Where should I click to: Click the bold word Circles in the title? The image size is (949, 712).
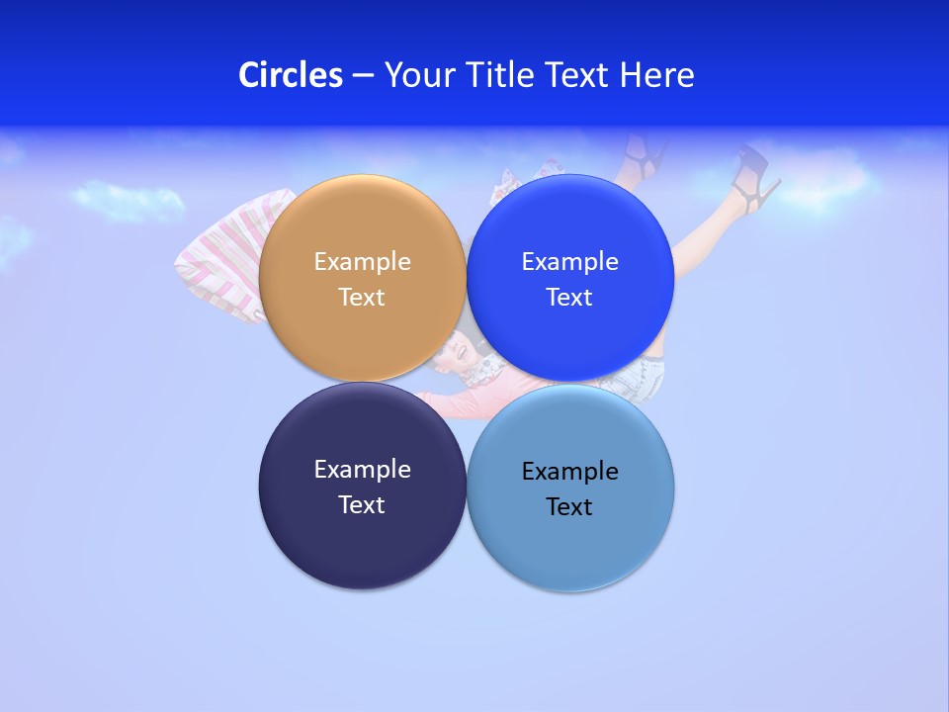pyautogui.click(x=290, y=75)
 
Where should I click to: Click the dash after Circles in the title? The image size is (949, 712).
pyautogui.click(x=363, y=76)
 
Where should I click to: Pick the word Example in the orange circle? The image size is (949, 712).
pyautogui.click(x=362, y=262)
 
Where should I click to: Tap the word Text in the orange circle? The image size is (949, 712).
pyautogui.click(x=362, y=298)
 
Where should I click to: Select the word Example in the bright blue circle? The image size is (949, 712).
pyautogui.click(x=569, y=262)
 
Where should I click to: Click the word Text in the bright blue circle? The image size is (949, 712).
pyautogui.click(x=569, y=298)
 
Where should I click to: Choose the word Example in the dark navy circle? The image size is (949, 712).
pyautogui.click(x=362, y=470)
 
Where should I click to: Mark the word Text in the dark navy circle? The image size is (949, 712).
pyautogui.click(x=362, y=505)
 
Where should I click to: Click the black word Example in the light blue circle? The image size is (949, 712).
pyautogui.click(x=569, y=472)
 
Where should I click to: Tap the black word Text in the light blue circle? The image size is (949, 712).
pyautogui.click(x=569, y=507)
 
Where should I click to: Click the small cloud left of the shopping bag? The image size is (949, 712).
pyautogui.click(x=129, y=200)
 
